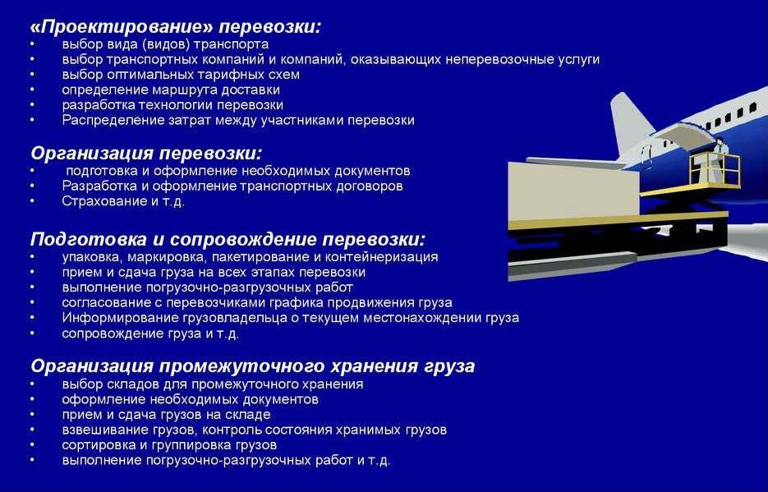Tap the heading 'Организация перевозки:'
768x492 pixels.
coord(146,154)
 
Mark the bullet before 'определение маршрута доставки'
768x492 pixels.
coord(32,90)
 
